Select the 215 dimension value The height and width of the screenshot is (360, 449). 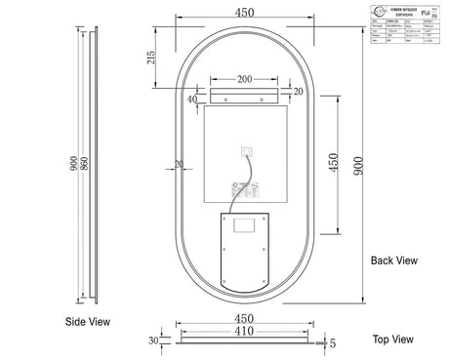coord(148,59)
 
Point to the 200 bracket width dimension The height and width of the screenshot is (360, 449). coord(244,78)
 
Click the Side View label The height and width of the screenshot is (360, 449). coord(88,321)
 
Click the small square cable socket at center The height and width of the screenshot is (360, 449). coord(246,150)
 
